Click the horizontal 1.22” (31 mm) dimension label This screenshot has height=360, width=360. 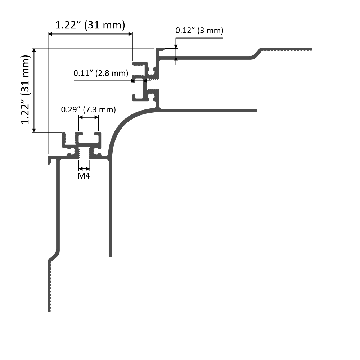point(90,25)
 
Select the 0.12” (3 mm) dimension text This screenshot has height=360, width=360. point(199,31)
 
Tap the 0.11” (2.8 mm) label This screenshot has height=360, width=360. point(101,73)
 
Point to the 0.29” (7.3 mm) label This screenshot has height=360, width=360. point(89,109)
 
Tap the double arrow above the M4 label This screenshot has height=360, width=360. point(84,168)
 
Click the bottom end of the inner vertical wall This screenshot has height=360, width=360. point(111,255)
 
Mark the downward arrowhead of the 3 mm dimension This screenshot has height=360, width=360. point(176,46)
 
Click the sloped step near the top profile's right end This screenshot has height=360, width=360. point(256,53)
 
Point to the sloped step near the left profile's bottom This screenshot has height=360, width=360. point(54,255)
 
